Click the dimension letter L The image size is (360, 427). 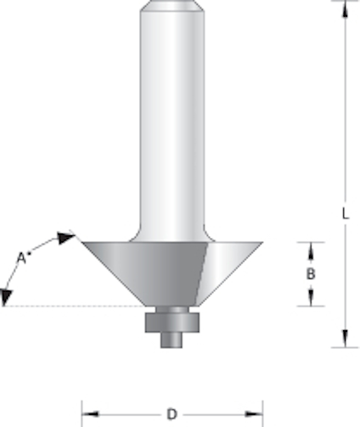tap(346, 214)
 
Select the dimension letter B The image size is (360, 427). tap(311, 274)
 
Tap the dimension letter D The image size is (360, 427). tap(172, 414)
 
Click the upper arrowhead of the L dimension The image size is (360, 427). tap(345, 10)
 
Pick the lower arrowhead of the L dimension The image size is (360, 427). tap(345, 339)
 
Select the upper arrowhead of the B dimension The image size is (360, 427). tap(311, 250)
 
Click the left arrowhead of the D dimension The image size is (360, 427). tap(90, 414)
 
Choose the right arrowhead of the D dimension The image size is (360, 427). tap(254, 414)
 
